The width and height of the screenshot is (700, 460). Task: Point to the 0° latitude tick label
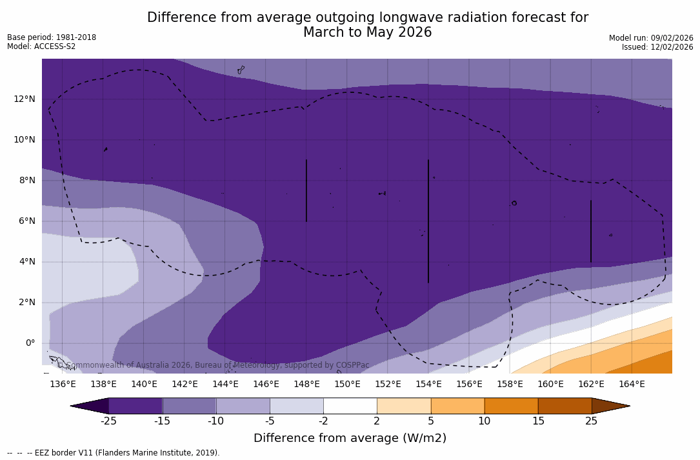(30, 343)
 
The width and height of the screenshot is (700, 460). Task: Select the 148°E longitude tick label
(306, 384)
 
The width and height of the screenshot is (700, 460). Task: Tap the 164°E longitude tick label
(632, 384)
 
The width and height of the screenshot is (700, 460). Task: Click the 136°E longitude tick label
(63, 384)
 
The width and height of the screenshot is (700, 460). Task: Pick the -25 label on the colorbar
(108, 421)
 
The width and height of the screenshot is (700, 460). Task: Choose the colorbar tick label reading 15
(537, 421)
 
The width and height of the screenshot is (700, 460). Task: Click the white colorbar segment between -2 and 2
(350, 406)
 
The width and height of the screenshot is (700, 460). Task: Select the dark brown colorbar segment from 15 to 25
(565, 406)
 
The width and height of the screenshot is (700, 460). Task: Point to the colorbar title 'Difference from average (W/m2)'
(350, 438)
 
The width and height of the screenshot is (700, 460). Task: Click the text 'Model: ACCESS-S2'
(41, 46)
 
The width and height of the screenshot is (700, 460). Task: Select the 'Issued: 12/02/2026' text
(657, 47)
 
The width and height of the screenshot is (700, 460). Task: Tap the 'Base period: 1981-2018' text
(52, 37)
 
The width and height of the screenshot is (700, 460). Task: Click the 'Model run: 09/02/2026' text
(651, 38)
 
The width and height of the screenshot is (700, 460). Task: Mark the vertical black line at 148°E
(306, 190)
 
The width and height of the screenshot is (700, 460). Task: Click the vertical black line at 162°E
(591, 231)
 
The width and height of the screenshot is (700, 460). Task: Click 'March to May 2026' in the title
(367, 32)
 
